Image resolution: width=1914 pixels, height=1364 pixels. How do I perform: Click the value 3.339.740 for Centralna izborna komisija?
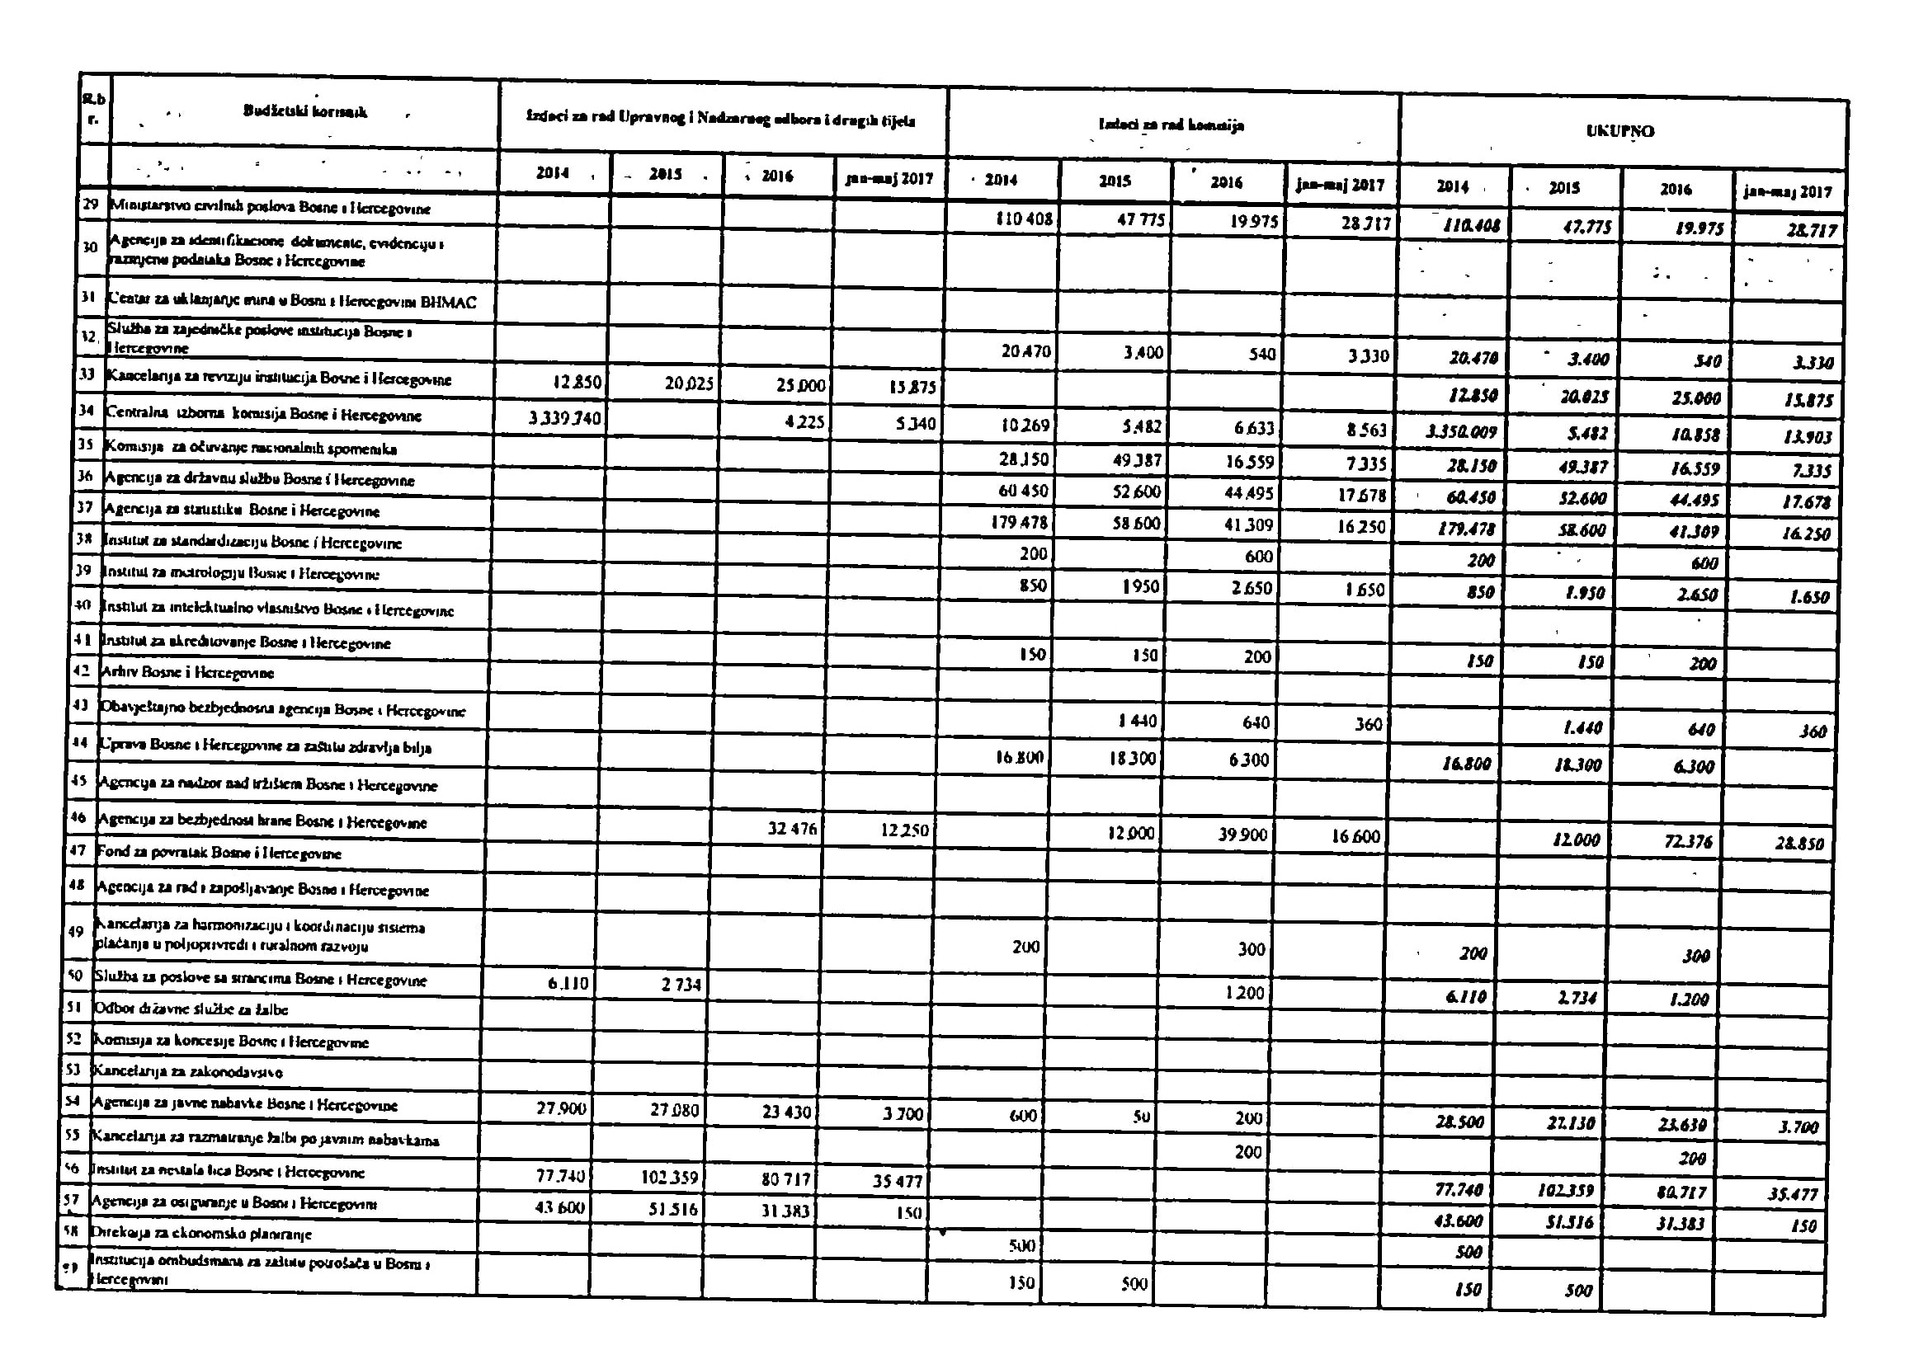[x=564, y=417]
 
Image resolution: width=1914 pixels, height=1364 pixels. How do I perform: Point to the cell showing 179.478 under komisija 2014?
[x=1019, y=522]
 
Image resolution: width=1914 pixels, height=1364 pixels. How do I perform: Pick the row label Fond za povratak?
[x=219, y=854]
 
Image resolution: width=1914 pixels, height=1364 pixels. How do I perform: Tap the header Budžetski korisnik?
[x=305, y=111]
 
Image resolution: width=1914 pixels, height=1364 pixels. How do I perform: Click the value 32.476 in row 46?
[x=790, y=829]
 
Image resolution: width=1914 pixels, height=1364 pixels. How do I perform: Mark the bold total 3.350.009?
[x=1462, y=433]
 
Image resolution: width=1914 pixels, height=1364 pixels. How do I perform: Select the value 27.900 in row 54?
[x=560, y=1108]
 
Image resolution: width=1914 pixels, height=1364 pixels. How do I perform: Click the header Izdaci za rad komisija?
[x=1171, y=126]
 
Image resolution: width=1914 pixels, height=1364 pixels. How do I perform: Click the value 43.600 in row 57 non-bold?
[x=559, y=1207]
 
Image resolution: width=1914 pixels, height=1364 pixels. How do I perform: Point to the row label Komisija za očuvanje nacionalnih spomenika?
[x=249, y=449]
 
